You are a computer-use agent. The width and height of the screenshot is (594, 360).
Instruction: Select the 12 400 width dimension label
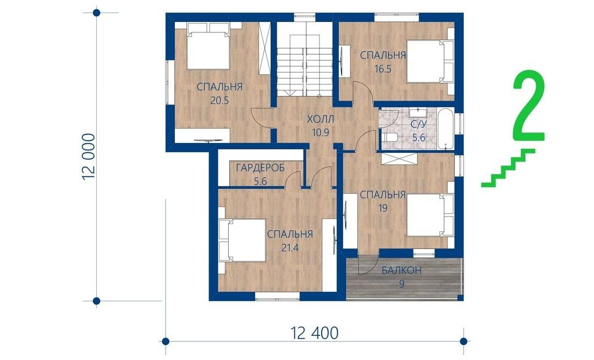[314, 333]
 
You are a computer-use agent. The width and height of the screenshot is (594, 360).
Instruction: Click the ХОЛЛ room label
[321, 120]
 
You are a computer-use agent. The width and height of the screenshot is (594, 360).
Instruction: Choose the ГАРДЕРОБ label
[260, 168]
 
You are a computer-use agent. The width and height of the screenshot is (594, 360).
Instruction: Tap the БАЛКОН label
[402, 270]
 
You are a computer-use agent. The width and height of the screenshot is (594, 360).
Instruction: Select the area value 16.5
[382, 69]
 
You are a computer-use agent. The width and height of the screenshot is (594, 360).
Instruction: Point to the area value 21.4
[290, 248]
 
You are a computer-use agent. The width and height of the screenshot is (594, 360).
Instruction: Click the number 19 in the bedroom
[382, 208]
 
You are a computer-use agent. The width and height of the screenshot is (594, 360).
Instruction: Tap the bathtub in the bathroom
[445, 129]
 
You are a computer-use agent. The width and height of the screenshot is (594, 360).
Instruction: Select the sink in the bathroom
[418, 113]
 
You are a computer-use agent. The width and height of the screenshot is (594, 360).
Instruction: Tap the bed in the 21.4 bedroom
[242, 240]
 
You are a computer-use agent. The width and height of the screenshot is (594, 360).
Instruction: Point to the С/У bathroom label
[418, 124]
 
